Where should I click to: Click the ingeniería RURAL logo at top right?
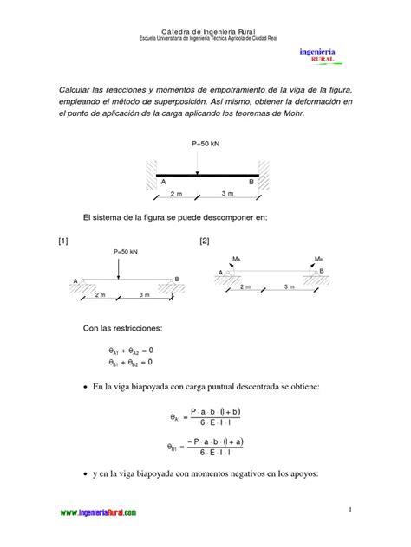(x=317, y=55)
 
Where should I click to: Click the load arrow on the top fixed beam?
(x=198, y=163)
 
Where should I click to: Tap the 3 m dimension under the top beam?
(x=227, y=194)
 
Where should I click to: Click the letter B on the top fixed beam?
(x=251, y=182)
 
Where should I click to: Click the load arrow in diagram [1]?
(x=119, y=267)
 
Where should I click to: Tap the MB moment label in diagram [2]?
(x=318, y=258)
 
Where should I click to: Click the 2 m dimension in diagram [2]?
(x=245, y=286)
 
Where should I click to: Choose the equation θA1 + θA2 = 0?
(x=131, y=350)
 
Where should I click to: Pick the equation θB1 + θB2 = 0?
(x=131, y=363)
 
